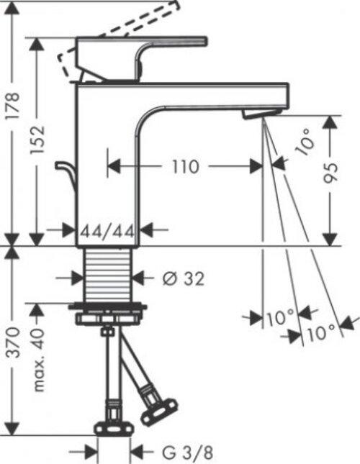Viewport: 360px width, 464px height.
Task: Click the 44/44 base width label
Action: point(108,231)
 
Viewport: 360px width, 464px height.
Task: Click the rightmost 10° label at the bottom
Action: point(321,332)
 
